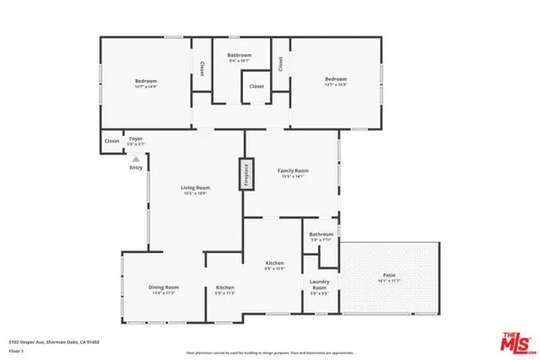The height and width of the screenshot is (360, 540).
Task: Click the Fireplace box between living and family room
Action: pos(243,174)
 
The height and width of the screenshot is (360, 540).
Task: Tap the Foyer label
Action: pos(136,139)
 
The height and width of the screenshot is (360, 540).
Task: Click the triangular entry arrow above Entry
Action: pos(136,157)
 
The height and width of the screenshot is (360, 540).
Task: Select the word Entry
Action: pos(136,167)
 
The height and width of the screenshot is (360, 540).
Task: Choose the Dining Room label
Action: pos(164,287)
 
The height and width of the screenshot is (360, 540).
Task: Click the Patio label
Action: pos(389,278)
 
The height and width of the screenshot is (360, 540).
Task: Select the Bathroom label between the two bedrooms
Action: pos(239,56)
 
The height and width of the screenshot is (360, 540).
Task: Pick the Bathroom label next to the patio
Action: pos(321,235)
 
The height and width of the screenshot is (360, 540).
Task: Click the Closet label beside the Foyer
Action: pos(112,140)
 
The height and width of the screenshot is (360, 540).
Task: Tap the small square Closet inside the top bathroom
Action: pos(256,87)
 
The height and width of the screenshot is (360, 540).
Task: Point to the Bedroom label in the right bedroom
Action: pos(335,80)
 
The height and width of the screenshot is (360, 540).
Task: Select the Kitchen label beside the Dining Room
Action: pos(224,287)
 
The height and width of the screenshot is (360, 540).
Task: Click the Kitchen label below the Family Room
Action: pos(274,264)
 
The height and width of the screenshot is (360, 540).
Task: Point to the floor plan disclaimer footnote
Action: pos(270,352)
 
